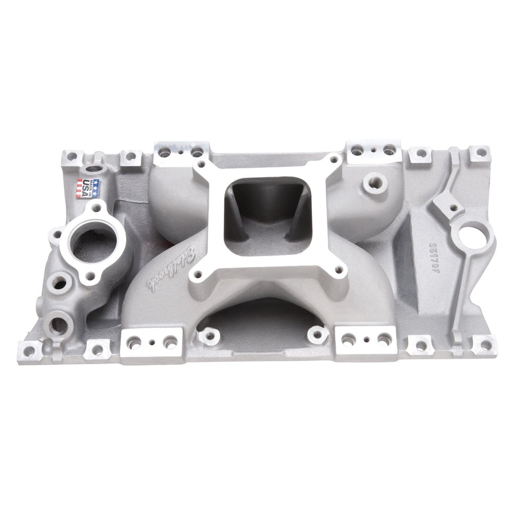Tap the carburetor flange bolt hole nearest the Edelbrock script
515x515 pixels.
tap(198, 274)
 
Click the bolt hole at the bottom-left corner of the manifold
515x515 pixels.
tap(30, 350)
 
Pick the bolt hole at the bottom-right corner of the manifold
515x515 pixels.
tap(485, 344)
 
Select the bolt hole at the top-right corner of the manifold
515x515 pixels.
tap(480, 152)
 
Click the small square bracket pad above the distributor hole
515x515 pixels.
tap(445, 203)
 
